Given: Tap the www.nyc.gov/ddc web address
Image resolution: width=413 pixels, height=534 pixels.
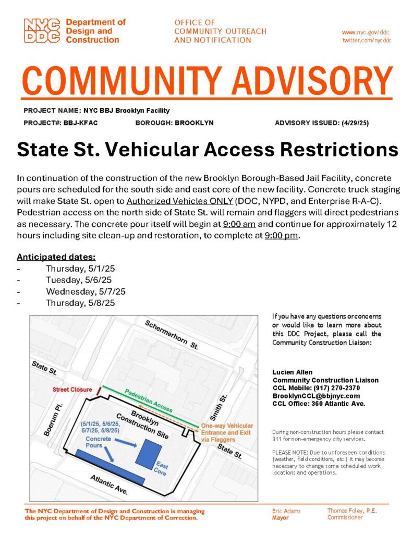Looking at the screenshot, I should pyautogui.click(x=366, y=32).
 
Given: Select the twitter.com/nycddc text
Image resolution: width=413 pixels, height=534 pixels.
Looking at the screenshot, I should pyautogui.click(x=366, y=40).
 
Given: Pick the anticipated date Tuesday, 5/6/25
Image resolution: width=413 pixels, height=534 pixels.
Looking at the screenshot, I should pyautogui.click(x=79, y=280).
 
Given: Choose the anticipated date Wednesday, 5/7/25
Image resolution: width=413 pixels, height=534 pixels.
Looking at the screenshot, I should pyautogui.click(x=86, y=292).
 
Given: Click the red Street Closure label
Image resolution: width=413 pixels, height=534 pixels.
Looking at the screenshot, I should pyautogui.click(x=71, y=390).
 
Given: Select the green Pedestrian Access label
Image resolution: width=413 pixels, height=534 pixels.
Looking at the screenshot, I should pyautogui.click(x=148, y=400).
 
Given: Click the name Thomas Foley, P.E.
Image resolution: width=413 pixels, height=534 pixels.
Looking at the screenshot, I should pyautogui.click(x=351, y=511).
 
